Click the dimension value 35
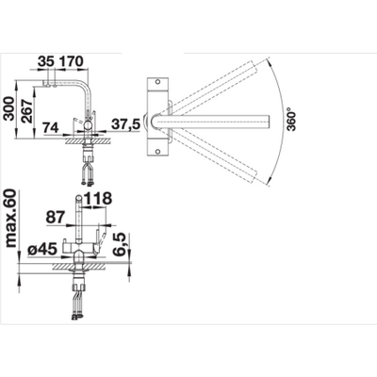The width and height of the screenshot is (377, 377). point(46,61)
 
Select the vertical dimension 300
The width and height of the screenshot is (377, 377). point(9,108)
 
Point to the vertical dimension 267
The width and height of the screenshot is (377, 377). point(27,111)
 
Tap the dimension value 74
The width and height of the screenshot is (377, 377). point(51,127)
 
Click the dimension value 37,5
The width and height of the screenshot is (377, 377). point(125,124)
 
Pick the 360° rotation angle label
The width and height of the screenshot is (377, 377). point(292,120)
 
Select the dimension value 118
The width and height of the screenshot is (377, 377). point(98,198)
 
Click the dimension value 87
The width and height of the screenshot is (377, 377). point(56,217)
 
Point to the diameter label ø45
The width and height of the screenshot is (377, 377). point(42,250)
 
